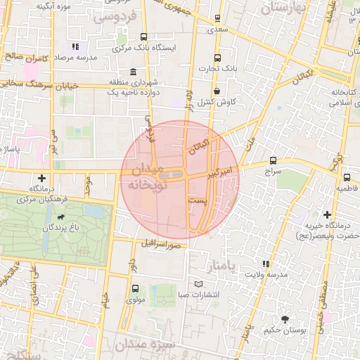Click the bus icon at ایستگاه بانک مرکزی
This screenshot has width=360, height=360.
(x=143, y=37)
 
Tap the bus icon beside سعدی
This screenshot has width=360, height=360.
(x=217, y=18)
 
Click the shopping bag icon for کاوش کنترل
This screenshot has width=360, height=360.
(x=217, y=91)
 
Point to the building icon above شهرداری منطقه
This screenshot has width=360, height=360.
(x=133, y=72)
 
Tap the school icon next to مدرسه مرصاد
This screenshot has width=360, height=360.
(x=75, y=46)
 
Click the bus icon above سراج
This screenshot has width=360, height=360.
(x=273, y=160)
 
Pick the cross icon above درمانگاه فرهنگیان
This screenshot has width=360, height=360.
(x=43, y=179)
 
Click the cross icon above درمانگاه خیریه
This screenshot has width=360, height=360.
(x=327, y=214)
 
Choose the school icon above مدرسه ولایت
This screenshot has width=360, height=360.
(x=266, y=264)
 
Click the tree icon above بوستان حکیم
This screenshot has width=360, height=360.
(x=285, y=319)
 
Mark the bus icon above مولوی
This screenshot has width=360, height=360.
(x=134, y=288)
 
